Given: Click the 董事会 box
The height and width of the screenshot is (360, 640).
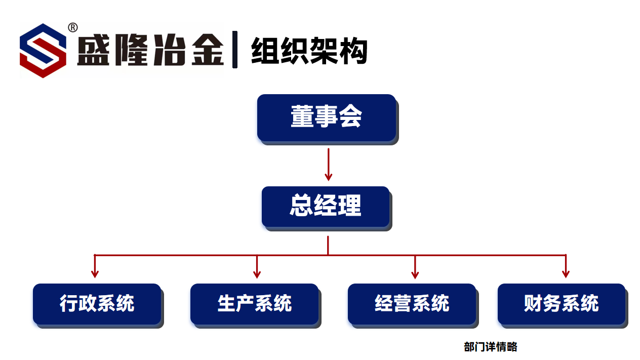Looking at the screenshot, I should (326, 117).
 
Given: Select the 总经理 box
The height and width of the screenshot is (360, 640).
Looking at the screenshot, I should (326, 207).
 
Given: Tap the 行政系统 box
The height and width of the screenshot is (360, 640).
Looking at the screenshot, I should (97, 304).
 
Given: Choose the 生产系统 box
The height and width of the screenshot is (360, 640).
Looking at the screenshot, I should (254, 304).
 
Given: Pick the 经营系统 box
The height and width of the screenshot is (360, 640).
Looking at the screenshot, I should (412, 304).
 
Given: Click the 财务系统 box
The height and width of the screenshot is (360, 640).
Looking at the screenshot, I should (562, 304).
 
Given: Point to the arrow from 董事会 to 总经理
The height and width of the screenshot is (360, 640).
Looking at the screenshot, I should (329, 165).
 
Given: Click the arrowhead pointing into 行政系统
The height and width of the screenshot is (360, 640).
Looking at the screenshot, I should (95, 274).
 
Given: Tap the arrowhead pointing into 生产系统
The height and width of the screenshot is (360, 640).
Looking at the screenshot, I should (257, 274).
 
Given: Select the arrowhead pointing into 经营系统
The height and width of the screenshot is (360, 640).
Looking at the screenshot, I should (415, 274).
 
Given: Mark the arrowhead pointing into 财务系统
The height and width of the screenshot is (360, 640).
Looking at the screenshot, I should (566, 274).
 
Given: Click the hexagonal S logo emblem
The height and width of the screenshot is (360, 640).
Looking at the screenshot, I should (43, 51).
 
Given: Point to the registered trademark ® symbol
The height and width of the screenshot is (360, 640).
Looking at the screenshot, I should (72, 27).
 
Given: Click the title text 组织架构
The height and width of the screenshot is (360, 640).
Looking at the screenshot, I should (308, 51).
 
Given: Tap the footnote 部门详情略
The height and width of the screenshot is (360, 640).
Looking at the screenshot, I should (490, 347).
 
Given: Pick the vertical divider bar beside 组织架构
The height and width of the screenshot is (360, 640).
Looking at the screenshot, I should (235, 50).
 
